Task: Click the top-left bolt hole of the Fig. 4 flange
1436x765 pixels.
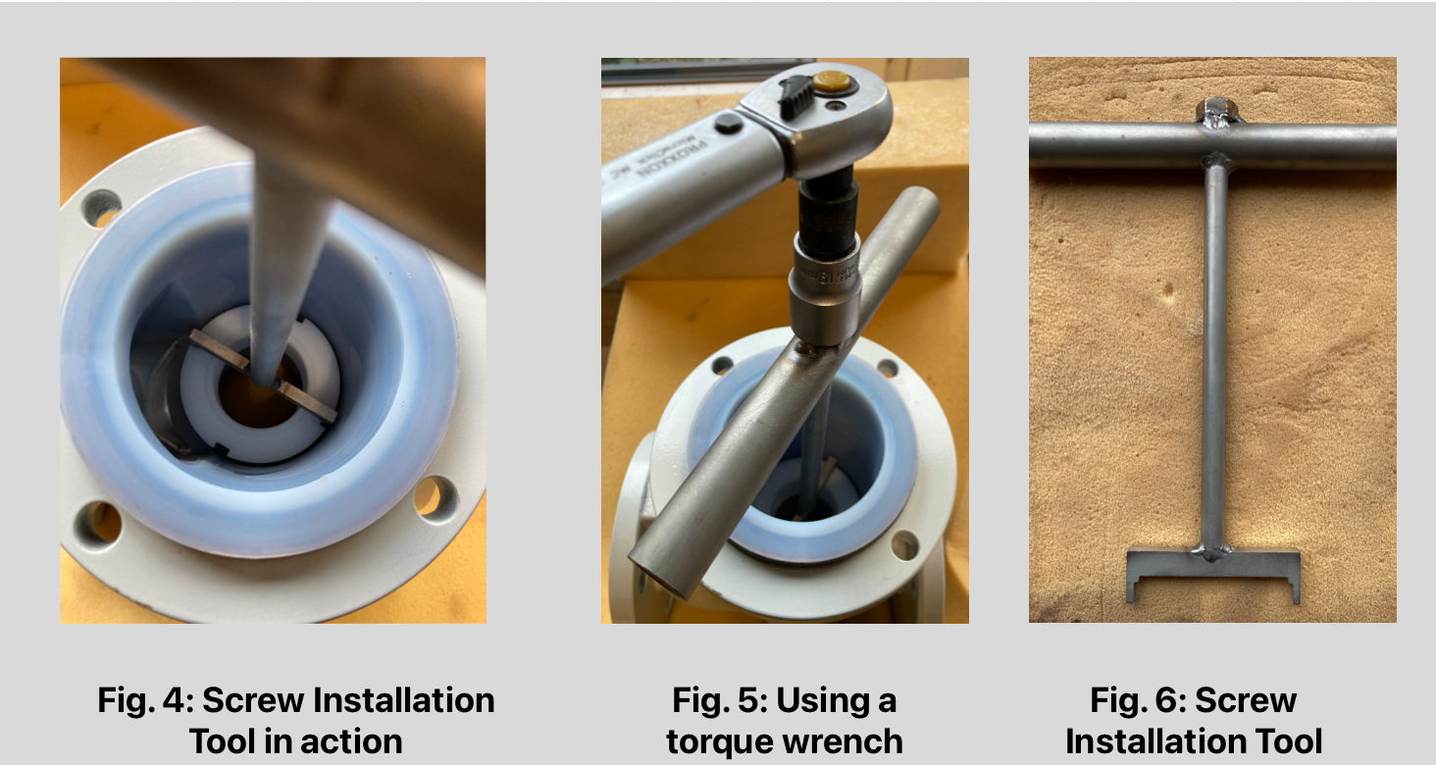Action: [x=101, y=207]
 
